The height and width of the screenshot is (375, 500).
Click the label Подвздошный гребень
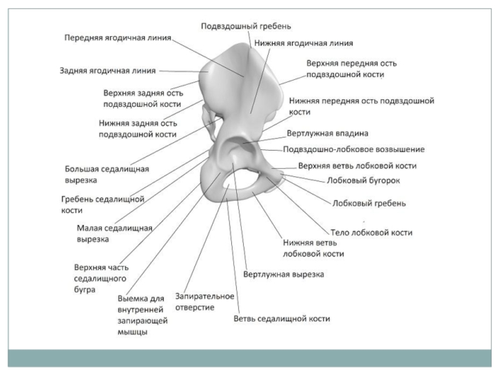pyautogui.click(x=246, y=26)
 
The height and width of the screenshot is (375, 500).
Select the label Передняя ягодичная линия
pyautogui.click(x=117, y=37)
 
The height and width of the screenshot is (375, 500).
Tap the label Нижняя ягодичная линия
pyautogui.click(x=304, y=43)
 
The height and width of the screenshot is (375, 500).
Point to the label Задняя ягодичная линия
pyautogui.click(x=107, y=71)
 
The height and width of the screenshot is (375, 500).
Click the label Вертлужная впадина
pyautogui.click(x=327, y=133)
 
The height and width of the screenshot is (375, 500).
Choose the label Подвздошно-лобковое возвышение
pyautogui.click(x=354, y=149)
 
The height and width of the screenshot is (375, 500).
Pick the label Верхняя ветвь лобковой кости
pyautogui.click(x=357, y=166)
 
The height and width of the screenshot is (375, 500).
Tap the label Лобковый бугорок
pyautogui.click(x=364, y=181)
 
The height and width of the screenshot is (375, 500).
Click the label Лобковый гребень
pyautogui.click(x=369, y=204)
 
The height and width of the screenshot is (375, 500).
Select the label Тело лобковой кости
pyautogui.click(x=371, y=232)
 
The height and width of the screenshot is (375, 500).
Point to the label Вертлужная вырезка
pyautogui.click(x=284, y=274)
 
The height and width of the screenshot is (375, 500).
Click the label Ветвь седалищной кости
pyautogui.click(x=282, y=319)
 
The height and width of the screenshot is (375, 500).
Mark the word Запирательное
pyautogui.click(x=205, y=296)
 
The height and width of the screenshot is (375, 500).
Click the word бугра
pyautogui.click(x=85, y=290)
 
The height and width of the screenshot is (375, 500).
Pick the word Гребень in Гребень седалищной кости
pyautogui.click(x=77, y=199)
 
